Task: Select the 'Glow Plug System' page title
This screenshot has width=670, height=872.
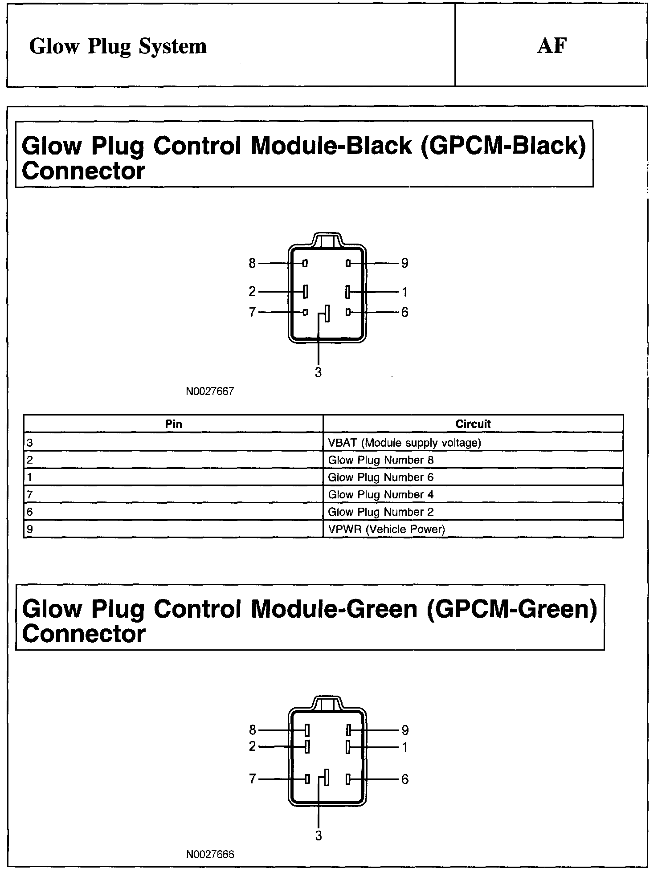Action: (x=118, y=46)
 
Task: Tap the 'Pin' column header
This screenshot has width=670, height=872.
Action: (x=173, y=424)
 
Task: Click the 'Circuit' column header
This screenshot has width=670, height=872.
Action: (x=473, y=424)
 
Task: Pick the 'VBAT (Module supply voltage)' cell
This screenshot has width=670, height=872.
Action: (x=404, y=443)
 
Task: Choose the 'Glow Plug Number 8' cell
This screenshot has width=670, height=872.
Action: (x=380, y=460)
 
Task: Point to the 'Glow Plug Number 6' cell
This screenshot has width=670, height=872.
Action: (x=380, y=477)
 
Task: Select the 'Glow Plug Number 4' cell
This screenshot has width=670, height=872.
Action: (x=380, y=495)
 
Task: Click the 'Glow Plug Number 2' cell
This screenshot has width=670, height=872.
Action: (x=380, y=512)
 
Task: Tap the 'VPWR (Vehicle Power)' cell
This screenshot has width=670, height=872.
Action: (x=386, y=530)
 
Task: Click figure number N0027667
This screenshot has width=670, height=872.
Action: (x=210, y=391)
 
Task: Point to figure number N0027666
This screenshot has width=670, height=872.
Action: (x=210, y=855)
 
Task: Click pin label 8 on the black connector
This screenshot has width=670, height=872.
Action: (x=252, y=264)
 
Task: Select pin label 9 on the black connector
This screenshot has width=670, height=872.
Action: (x=404, y=264)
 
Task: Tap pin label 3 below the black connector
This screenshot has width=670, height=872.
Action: (x=318, y=373)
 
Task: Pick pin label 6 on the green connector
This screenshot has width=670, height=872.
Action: (x=404, y=779)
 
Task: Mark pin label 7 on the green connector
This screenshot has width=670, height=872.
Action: (x=252, y=779)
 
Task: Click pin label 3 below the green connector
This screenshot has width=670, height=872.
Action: (x=318, y=836)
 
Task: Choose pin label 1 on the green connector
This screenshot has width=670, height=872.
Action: (x=404, y=747)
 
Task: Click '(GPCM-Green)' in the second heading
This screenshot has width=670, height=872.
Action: (x=511, y=609)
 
